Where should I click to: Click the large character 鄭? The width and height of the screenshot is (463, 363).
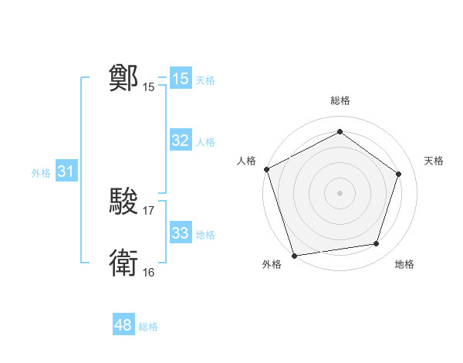[123, 78]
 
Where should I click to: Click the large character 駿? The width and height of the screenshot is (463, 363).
[123, 202]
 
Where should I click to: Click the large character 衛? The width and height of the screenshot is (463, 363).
[123, 263]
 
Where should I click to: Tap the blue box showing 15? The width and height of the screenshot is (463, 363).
[181, 79]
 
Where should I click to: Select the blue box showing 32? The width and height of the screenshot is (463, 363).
[181, 141]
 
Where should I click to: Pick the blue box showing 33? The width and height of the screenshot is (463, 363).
[181, 233]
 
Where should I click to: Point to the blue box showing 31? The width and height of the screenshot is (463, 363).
[66, 171]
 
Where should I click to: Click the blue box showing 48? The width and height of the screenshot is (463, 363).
[123, 325]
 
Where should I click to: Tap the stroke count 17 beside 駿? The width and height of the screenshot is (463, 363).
[149, 210]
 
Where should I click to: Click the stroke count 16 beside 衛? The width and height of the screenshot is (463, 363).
[149, 272]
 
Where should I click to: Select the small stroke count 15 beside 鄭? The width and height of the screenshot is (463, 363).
[149, 87]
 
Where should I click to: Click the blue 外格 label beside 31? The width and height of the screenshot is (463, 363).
[41, 173]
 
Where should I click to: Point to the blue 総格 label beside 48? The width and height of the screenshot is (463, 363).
[148, 327]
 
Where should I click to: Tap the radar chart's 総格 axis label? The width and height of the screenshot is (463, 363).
[340, 100]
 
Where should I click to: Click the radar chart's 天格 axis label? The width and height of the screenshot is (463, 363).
[434, 161]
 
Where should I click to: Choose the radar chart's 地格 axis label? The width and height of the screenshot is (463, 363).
[404, 265]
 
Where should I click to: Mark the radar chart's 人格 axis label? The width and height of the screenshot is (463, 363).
[247, 161]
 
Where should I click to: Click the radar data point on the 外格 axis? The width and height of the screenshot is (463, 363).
[294, 255]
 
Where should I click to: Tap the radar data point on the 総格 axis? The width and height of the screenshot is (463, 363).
[340, 132]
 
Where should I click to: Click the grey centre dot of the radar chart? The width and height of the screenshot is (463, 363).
[340, 192]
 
